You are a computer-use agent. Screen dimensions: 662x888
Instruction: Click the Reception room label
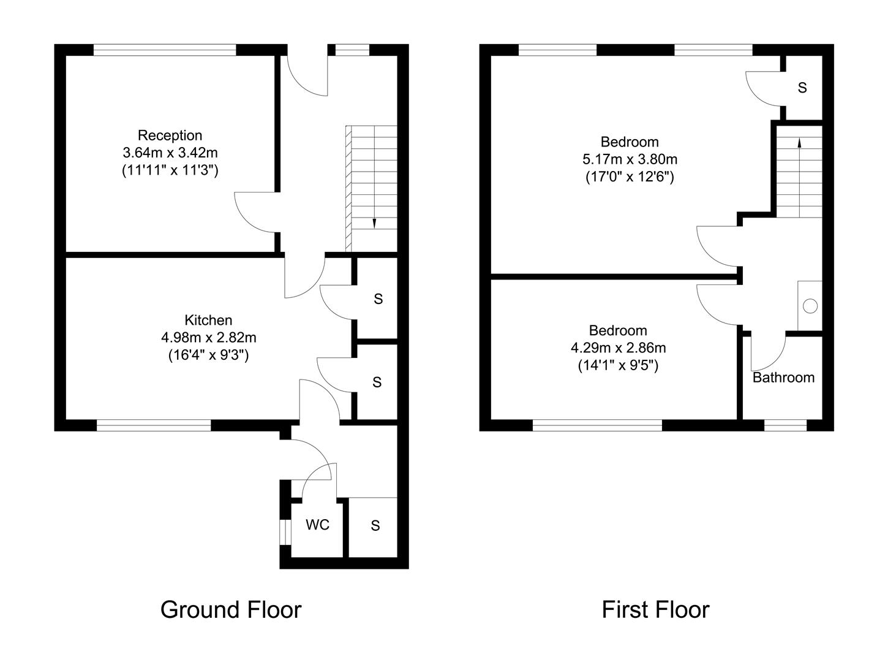coord(170,135)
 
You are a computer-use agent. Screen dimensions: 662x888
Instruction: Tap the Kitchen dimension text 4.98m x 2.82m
coord(208,337)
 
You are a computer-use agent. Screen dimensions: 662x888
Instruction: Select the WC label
coord(317,525)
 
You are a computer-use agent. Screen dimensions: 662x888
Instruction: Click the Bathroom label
coord(783,378)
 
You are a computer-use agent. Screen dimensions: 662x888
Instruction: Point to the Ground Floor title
coord(231,610)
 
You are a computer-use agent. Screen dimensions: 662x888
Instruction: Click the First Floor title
coord(655,610)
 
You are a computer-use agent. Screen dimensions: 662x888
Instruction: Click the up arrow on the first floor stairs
coord(799,143)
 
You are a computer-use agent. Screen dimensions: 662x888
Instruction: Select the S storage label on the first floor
coord(802,88)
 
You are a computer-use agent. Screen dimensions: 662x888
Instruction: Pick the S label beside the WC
coord(375,525)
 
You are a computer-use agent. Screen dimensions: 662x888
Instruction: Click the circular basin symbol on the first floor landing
coord(810,306)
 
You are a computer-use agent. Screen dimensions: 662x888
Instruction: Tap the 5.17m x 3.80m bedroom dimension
coord(630,160)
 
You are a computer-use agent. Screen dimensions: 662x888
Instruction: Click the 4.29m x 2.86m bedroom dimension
coord(618,348)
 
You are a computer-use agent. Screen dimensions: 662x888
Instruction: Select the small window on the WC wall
coord(285,531)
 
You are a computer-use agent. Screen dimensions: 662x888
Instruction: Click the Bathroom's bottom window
coord(785,425)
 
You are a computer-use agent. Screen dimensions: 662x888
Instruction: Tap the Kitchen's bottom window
coord(154,425)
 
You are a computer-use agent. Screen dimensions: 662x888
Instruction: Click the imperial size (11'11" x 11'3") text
coord(170,170)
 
